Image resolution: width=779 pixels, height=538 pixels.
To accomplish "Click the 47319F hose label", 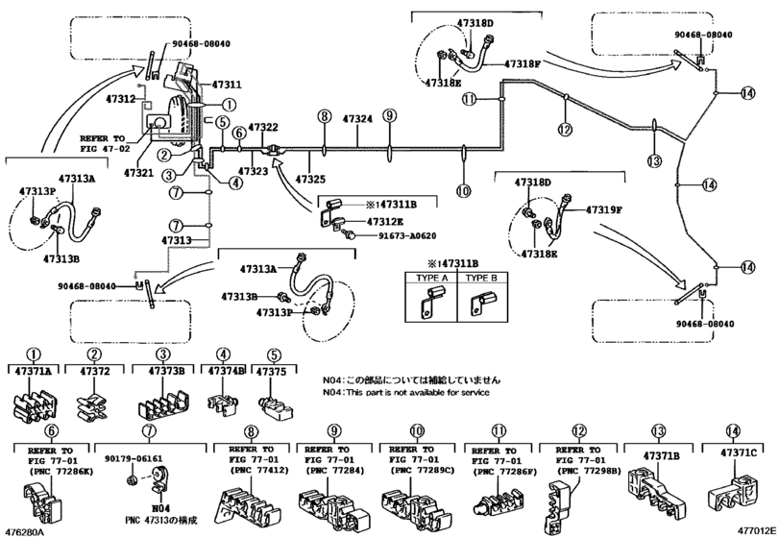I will pos(605,208).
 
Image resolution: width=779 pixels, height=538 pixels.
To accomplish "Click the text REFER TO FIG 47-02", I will pos(106,144).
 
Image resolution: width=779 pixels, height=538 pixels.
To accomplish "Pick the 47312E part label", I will pos(372,221).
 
